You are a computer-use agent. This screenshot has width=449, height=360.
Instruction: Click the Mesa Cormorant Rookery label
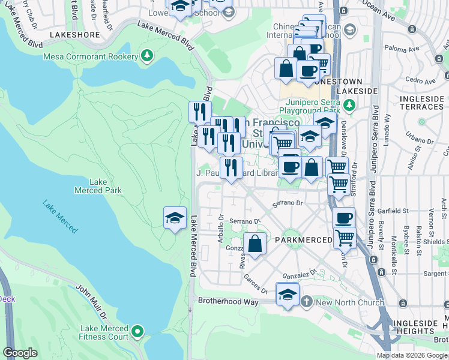[89, 57]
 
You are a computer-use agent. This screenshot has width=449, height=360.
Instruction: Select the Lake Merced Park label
[98, 186]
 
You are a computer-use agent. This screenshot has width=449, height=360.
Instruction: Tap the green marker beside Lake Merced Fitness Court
[138, 332]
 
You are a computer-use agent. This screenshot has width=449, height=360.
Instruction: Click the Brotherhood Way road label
[228, 302]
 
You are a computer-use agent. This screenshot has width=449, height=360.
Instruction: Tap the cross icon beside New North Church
[307, 301]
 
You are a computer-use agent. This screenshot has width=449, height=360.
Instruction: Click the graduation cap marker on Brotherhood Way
[288, 295]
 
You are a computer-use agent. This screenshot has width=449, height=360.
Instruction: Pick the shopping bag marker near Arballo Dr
[255, 244]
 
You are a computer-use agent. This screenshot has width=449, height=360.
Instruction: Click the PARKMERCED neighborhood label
[303, 240]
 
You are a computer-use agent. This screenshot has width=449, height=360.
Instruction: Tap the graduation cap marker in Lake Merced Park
[175, 217]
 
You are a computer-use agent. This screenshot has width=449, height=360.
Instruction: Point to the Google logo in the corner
[20, 352]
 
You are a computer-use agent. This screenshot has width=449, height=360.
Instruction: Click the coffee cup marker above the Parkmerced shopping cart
[344, 218]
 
